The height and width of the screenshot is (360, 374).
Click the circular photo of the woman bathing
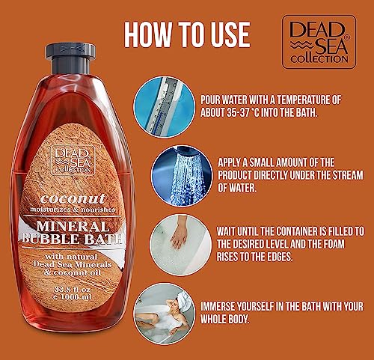164,313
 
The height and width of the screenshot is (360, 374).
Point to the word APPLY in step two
230,160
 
